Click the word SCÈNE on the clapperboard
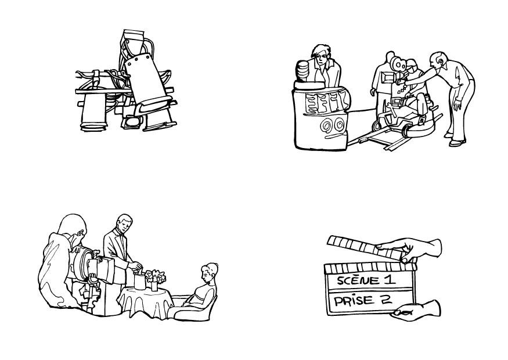[358, 280]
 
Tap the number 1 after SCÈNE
[390, 279]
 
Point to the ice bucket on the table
[140, 281]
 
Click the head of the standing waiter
[124, 224]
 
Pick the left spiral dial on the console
[326, 125]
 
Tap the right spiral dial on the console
[339, 124]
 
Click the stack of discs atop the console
[303, 71]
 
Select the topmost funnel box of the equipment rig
[134, 38]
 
